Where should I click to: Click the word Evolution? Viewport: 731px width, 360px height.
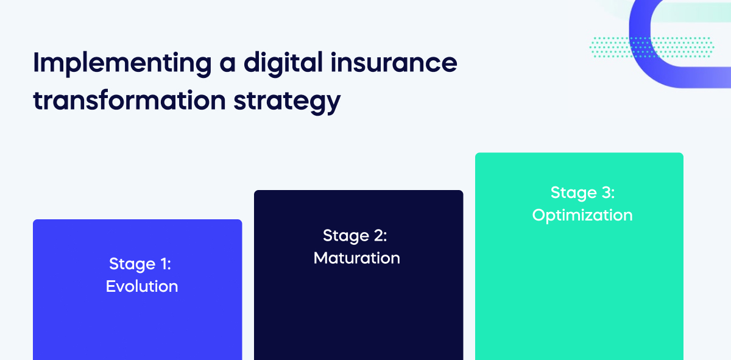[141, 286]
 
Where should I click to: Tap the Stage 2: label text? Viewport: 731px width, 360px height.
[355, 235]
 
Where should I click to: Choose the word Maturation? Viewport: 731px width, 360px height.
[356, 258]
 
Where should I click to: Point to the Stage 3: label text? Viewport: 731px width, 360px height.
[582, 192]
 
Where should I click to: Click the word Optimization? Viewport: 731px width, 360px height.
[582, 215]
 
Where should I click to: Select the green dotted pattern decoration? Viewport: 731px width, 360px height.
[652, 47]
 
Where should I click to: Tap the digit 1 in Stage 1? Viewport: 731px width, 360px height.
[164, 264]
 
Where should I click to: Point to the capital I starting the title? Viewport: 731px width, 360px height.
[36, 63]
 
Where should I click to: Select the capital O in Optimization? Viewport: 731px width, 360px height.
[539, 215]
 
